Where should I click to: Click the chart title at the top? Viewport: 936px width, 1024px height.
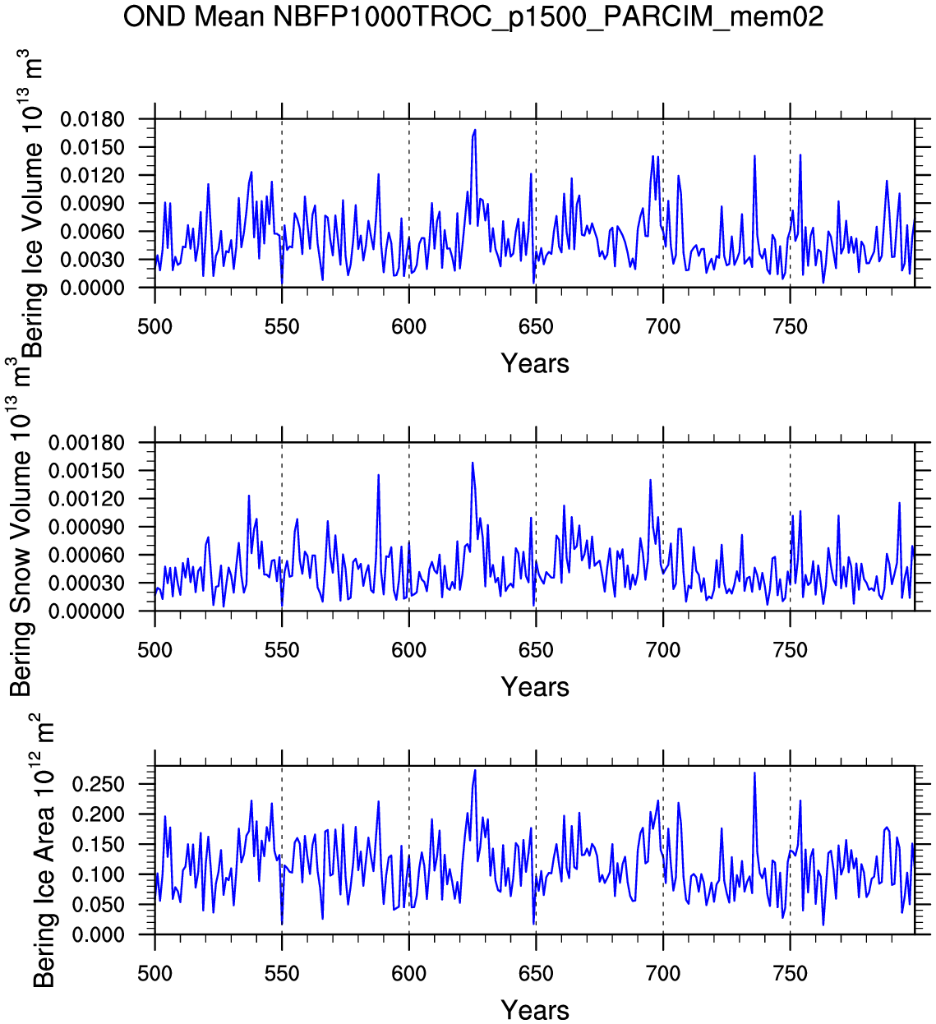pyautogui.click(x=473, y=16)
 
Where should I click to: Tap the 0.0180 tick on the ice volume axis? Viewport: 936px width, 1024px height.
pyautogui.click(x=92, y=120)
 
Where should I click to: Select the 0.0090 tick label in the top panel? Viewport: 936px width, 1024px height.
pyautogui.click(x=92, y=204)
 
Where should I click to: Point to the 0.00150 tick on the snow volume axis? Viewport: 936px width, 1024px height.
pyautogui.click(x=86, y=471)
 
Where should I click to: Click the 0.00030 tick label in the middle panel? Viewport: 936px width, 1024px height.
pyautogui.click(x=86, y=583)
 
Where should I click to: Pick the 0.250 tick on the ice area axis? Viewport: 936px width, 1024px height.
pyautogui.click(x=98, y=784)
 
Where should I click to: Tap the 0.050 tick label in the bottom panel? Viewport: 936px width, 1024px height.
pyautogui.click(x=98, y=905)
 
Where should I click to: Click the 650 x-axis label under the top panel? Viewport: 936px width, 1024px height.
pyautogui.click(x=536, y=327)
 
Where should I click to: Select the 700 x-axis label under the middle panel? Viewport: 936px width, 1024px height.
pyautogui.click(x=662, y=651)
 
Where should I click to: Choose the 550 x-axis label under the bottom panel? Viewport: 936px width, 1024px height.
pyautogui.click(x=282, y=974)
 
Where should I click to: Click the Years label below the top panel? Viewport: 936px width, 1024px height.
pyautogui.click(x=535, y=363)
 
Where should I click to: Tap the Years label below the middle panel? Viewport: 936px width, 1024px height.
pyautogui.click(x=535, y=687)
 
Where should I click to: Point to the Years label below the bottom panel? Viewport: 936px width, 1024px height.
pyautogui.click(x=535, y=1010)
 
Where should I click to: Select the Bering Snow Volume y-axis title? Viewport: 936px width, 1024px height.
pyautogui.click(x=20, y=526)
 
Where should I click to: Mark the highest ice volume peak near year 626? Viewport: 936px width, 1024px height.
pyautogui.click(x=475, y=130)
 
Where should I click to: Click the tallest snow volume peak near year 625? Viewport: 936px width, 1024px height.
pyautogui.click(x=473, y=463)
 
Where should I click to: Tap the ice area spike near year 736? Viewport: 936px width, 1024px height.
pyautogui.click(x=754, y=773)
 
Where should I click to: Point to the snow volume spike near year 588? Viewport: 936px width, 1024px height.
pyautogui.click(x=379, y=475)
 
